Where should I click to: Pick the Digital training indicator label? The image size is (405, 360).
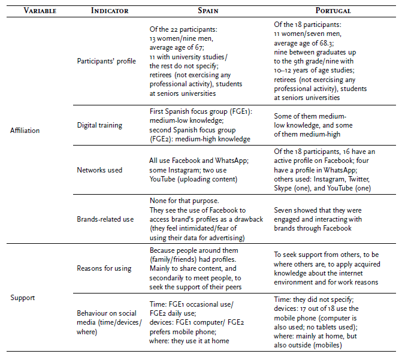(x=99, y=125)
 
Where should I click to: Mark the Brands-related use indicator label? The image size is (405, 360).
(x=105, y=219)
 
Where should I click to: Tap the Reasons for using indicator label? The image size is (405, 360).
(x=104, y=268)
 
